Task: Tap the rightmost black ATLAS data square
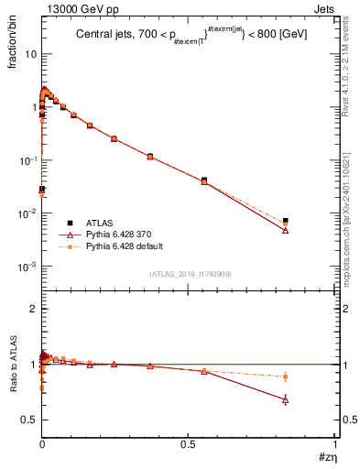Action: pos(286,221)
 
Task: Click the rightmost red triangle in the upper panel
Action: pos(286,230)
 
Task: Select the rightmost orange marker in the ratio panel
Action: pos(286,376)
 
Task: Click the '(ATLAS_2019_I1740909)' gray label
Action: pos(190,274)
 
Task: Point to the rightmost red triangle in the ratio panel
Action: pos(286,399)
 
